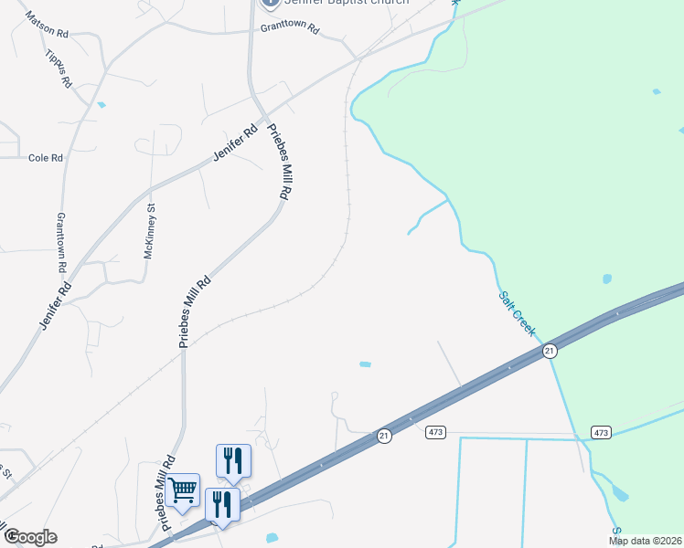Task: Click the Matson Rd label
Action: [x=47, y=24]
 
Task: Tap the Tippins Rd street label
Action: [x=58, y=68]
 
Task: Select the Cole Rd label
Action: [x=45, y=158]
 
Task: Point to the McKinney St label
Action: [x=150, y=232]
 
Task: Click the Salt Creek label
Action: [x=517, y=312]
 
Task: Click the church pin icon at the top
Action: [x=269, y=3]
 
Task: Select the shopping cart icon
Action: [x=183, y=491]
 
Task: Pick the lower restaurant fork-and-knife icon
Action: [x=222, y=504]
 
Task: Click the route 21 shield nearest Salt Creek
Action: [x=550, y=351]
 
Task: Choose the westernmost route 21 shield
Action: [x=384, y=437]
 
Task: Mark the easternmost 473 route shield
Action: [x=601, y=432]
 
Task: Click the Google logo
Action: [x=30, y=537]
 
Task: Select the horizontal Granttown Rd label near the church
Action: [x=289, y=28]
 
